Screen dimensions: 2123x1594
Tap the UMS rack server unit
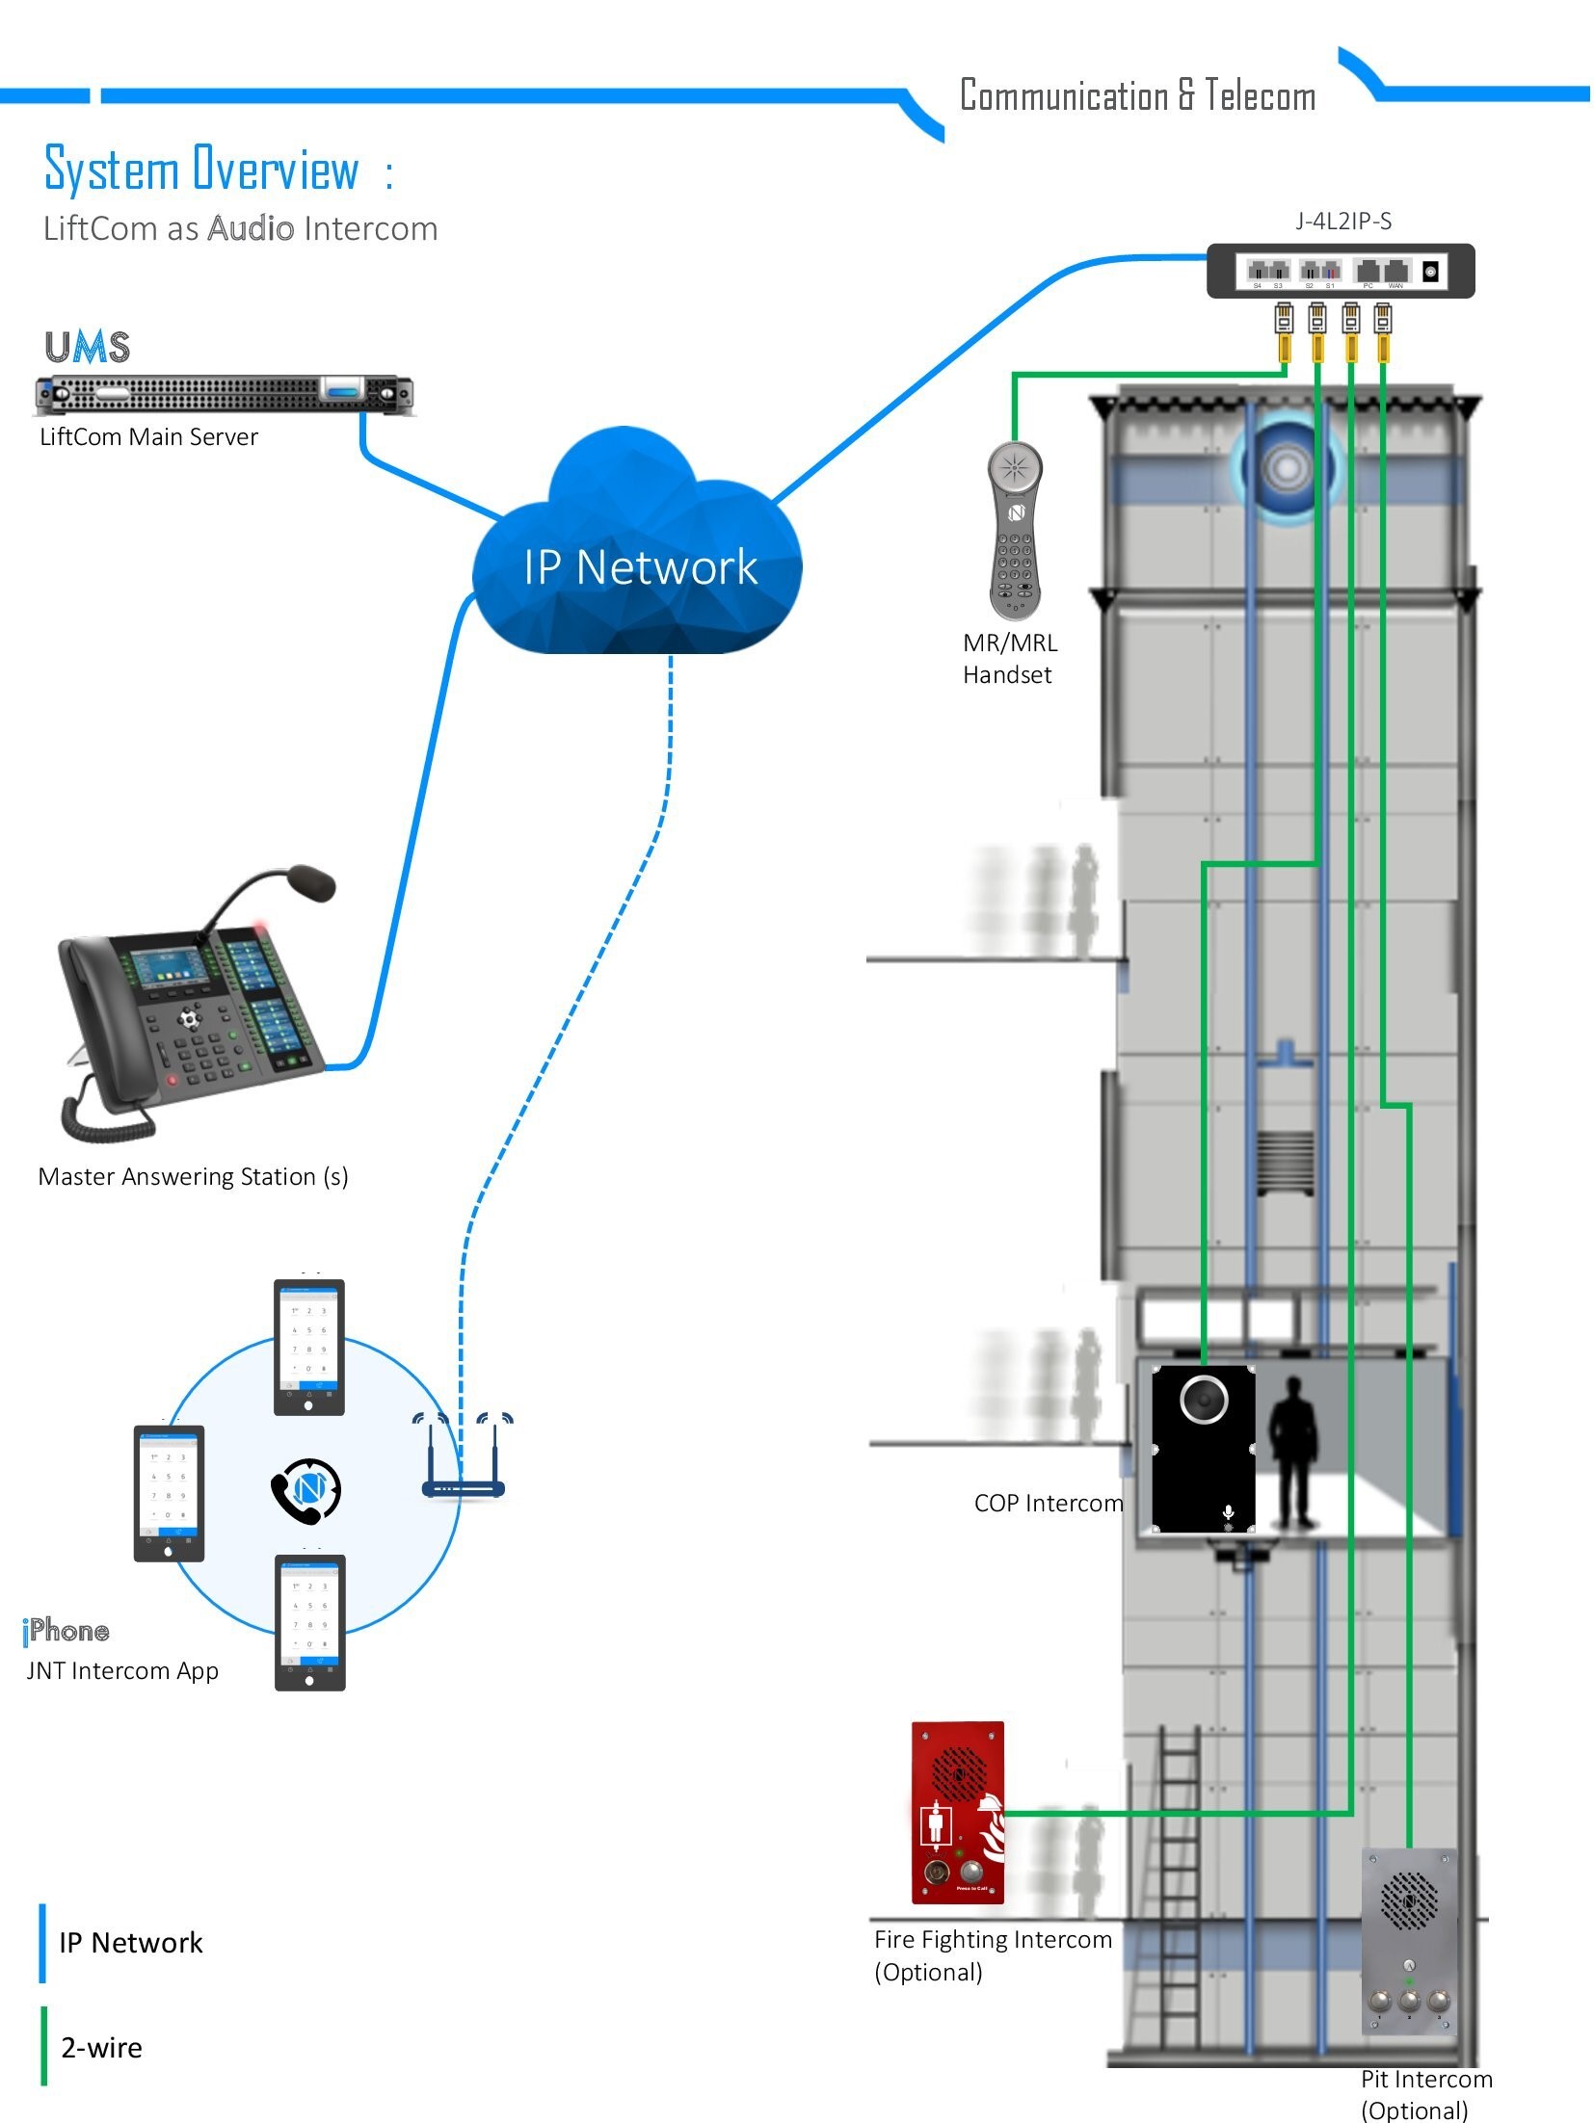coord(224,393)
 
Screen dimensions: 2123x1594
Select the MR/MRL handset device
coord(1014,530)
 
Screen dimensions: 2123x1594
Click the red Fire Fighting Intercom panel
coord(957,1812)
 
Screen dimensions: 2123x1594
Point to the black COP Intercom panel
coord(1203,1448)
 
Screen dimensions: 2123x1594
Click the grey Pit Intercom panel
coord(1408,1940)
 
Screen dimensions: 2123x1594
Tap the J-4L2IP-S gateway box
coord(1340,271)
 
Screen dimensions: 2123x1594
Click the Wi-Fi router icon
coord(464,1458)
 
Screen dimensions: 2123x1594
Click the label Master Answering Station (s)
coord(193,1176)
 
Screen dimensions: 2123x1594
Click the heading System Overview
coord(202,170)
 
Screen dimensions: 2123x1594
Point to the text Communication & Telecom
coord(1137,95)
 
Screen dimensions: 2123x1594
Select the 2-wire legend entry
coord(100,2047)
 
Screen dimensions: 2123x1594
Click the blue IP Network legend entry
coord(129,1943)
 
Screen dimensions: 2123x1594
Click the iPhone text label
coord(66,1630)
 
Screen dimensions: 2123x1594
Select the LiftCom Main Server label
coord(148,436)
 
